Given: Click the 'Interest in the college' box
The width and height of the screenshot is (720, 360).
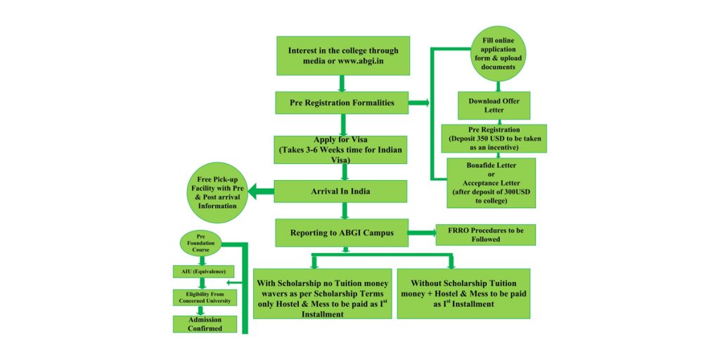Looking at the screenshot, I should coord(342,56).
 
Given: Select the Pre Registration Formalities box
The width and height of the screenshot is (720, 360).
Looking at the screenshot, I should coord(342,103).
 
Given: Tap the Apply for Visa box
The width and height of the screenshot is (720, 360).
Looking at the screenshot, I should coord(340,149).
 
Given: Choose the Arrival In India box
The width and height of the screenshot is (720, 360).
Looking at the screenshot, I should coord(340,191).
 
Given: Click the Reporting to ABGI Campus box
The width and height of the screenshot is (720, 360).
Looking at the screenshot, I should coord(342,233).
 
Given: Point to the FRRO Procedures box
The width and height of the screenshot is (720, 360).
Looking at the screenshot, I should coord(486,234).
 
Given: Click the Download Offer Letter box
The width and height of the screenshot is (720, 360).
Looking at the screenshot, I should coord(494,105).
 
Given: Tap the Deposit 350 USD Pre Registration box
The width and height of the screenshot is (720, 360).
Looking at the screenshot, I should coord(494,139).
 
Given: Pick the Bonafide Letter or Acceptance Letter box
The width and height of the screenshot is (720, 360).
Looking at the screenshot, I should coord(491,183).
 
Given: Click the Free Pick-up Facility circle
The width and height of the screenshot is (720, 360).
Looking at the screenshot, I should coord(218,193).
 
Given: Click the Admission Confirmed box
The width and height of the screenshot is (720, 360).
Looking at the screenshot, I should coord(204,324).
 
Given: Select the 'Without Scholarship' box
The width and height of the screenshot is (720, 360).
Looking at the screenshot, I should coord(463,293).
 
